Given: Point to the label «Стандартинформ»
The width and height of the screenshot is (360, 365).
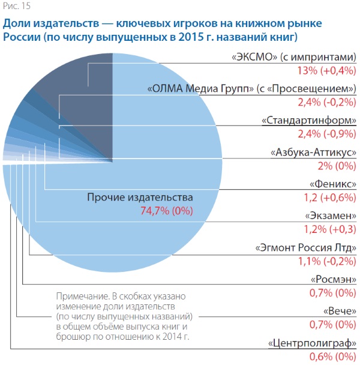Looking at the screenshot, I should [x=309, y=121].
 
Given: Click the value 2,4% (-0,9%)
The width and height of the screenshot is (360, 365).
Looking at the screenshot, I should [x=326, y=133].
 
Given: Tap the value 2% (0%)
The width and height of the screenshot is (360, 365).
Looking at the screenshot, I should [x=338, y=165].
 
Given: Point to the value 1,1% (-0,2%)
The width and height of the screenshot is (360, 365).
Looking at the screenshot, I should [x=326, y=261].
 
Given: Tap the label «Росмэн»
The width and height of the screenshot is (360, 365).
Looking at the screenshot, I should [x=334, y=280].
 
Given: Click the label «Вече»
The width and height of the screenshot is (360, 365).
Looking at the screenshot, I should [x=340, y=312].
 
